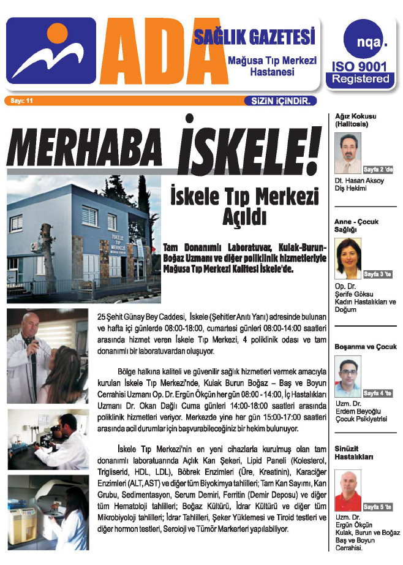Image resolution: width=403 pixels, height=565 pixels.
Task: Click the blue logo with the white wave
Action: [x=52, y=50]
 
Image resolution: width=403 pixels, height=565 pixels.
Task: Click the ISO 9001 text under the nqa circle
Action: [x=360, y=67]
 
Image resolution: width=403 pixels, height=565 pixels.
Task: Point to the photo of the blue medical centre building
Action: [x=83, y=239]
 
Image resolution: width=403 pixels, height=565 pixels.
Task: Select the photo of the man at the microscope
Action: [x=48, y=439]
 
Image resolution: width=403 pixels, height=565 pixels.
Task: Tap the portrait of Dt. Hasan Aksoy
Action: [x=348, y=153]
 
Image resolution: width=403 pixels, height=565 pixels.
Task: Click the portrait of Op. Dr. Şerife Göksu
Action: [x=348, y=258]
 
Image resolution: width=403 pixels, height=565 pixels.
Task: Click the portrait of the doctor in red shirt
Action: [x=348, y=491]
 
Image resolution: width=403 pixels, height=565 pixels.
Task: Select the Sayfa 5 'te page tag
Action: [x=377, y=507]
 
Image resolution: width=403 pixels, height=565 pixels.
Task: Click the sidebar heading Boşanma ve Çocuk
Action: [x=363, y=347]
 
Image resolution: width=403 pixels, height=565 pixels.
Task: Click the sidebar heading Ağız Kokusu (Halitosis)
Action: [x=355, y=119]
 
